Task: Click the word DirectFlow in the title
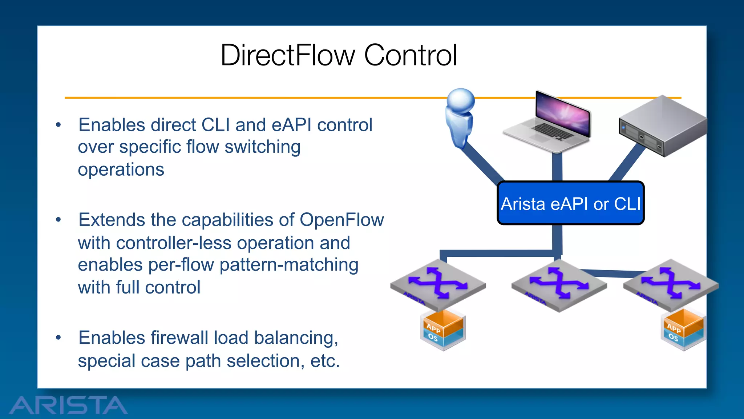[287, 55]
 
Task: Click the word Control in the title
[410, 55]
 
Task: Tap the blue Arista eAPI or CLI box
[570, 203]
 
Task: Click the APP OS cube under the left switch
[443, 330]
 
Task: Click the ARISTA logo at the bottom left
[68, 405]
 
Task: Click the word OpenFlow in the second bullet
[341, 220]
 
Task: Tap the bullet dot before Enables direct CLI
[58, 125]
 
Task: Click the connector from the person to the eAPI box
[481, 163]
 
